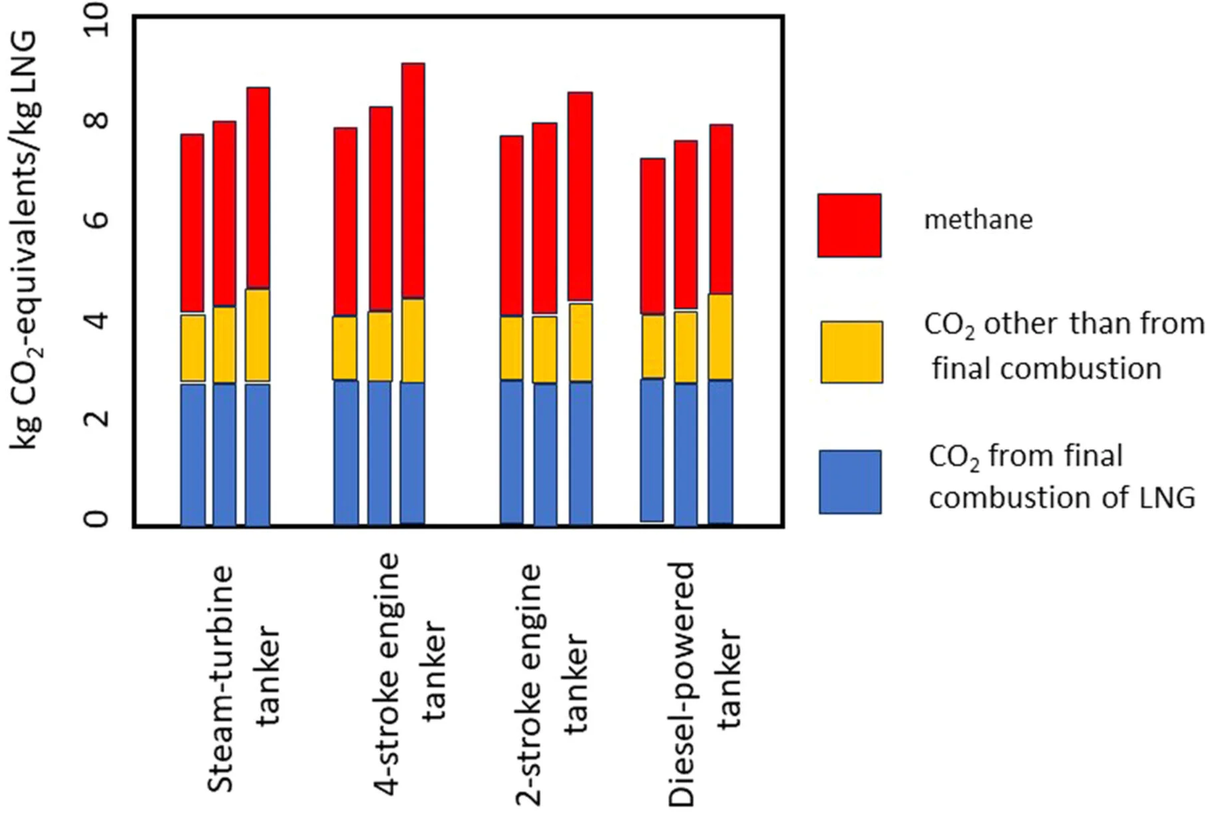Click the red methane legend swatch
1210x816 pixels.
[x=849, y=225]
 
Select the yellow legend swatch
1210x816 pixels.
[x=851, y=352]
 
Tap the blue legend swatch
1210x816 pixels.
[x=850, y=481]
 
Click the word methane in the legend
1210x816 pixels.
[x=978, y=220]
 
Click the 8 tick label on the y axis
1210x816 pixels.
[x=97, y=120]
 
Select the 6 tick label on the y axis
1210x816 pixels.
[x=97, y=220]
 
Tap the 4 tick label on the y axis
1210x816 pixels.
[x=97, y=319]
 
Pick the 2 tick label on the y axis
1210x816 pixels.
[x=97, y=418]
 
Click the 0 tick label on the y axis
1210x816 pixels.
[x=97, y=518]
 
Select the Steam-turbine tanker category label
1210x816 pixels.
[x=244, y=679]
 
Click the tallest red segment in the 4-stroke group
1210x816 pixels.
[x=413, y=180]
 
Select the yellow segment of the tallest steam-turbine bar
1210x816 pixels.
[x=258, y=335]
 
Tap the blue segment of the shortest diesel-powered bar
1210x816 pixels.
[x=652, y=450]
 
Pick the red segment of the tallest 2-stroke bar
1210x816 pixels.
[x=580, y=196]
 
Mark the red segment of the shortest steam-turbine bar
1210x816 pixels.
[x=192, y=223]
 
